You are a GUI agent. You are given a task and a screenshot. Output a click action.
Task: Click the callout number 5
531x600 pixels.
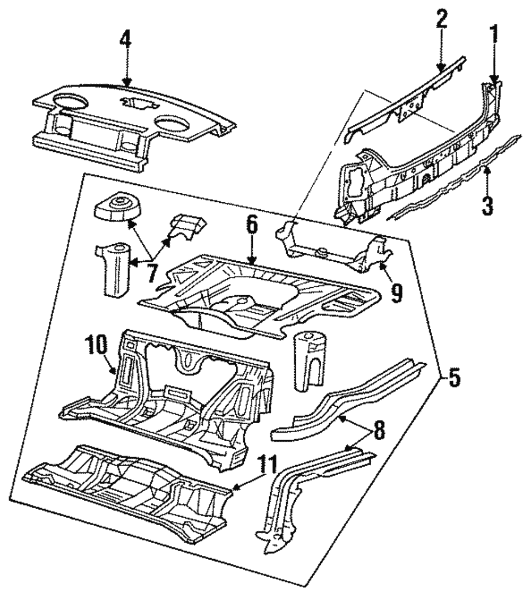click(453, 378)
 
